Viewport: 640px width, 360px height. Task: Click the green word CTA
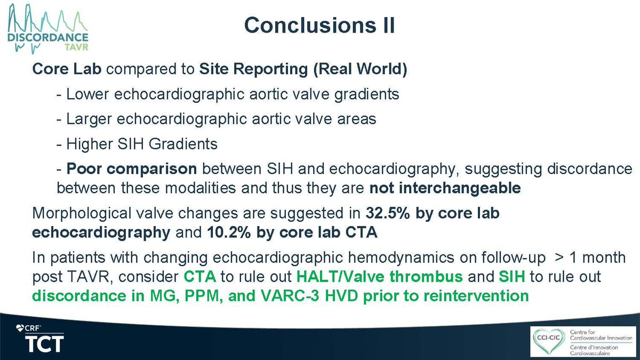point(199,278)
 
